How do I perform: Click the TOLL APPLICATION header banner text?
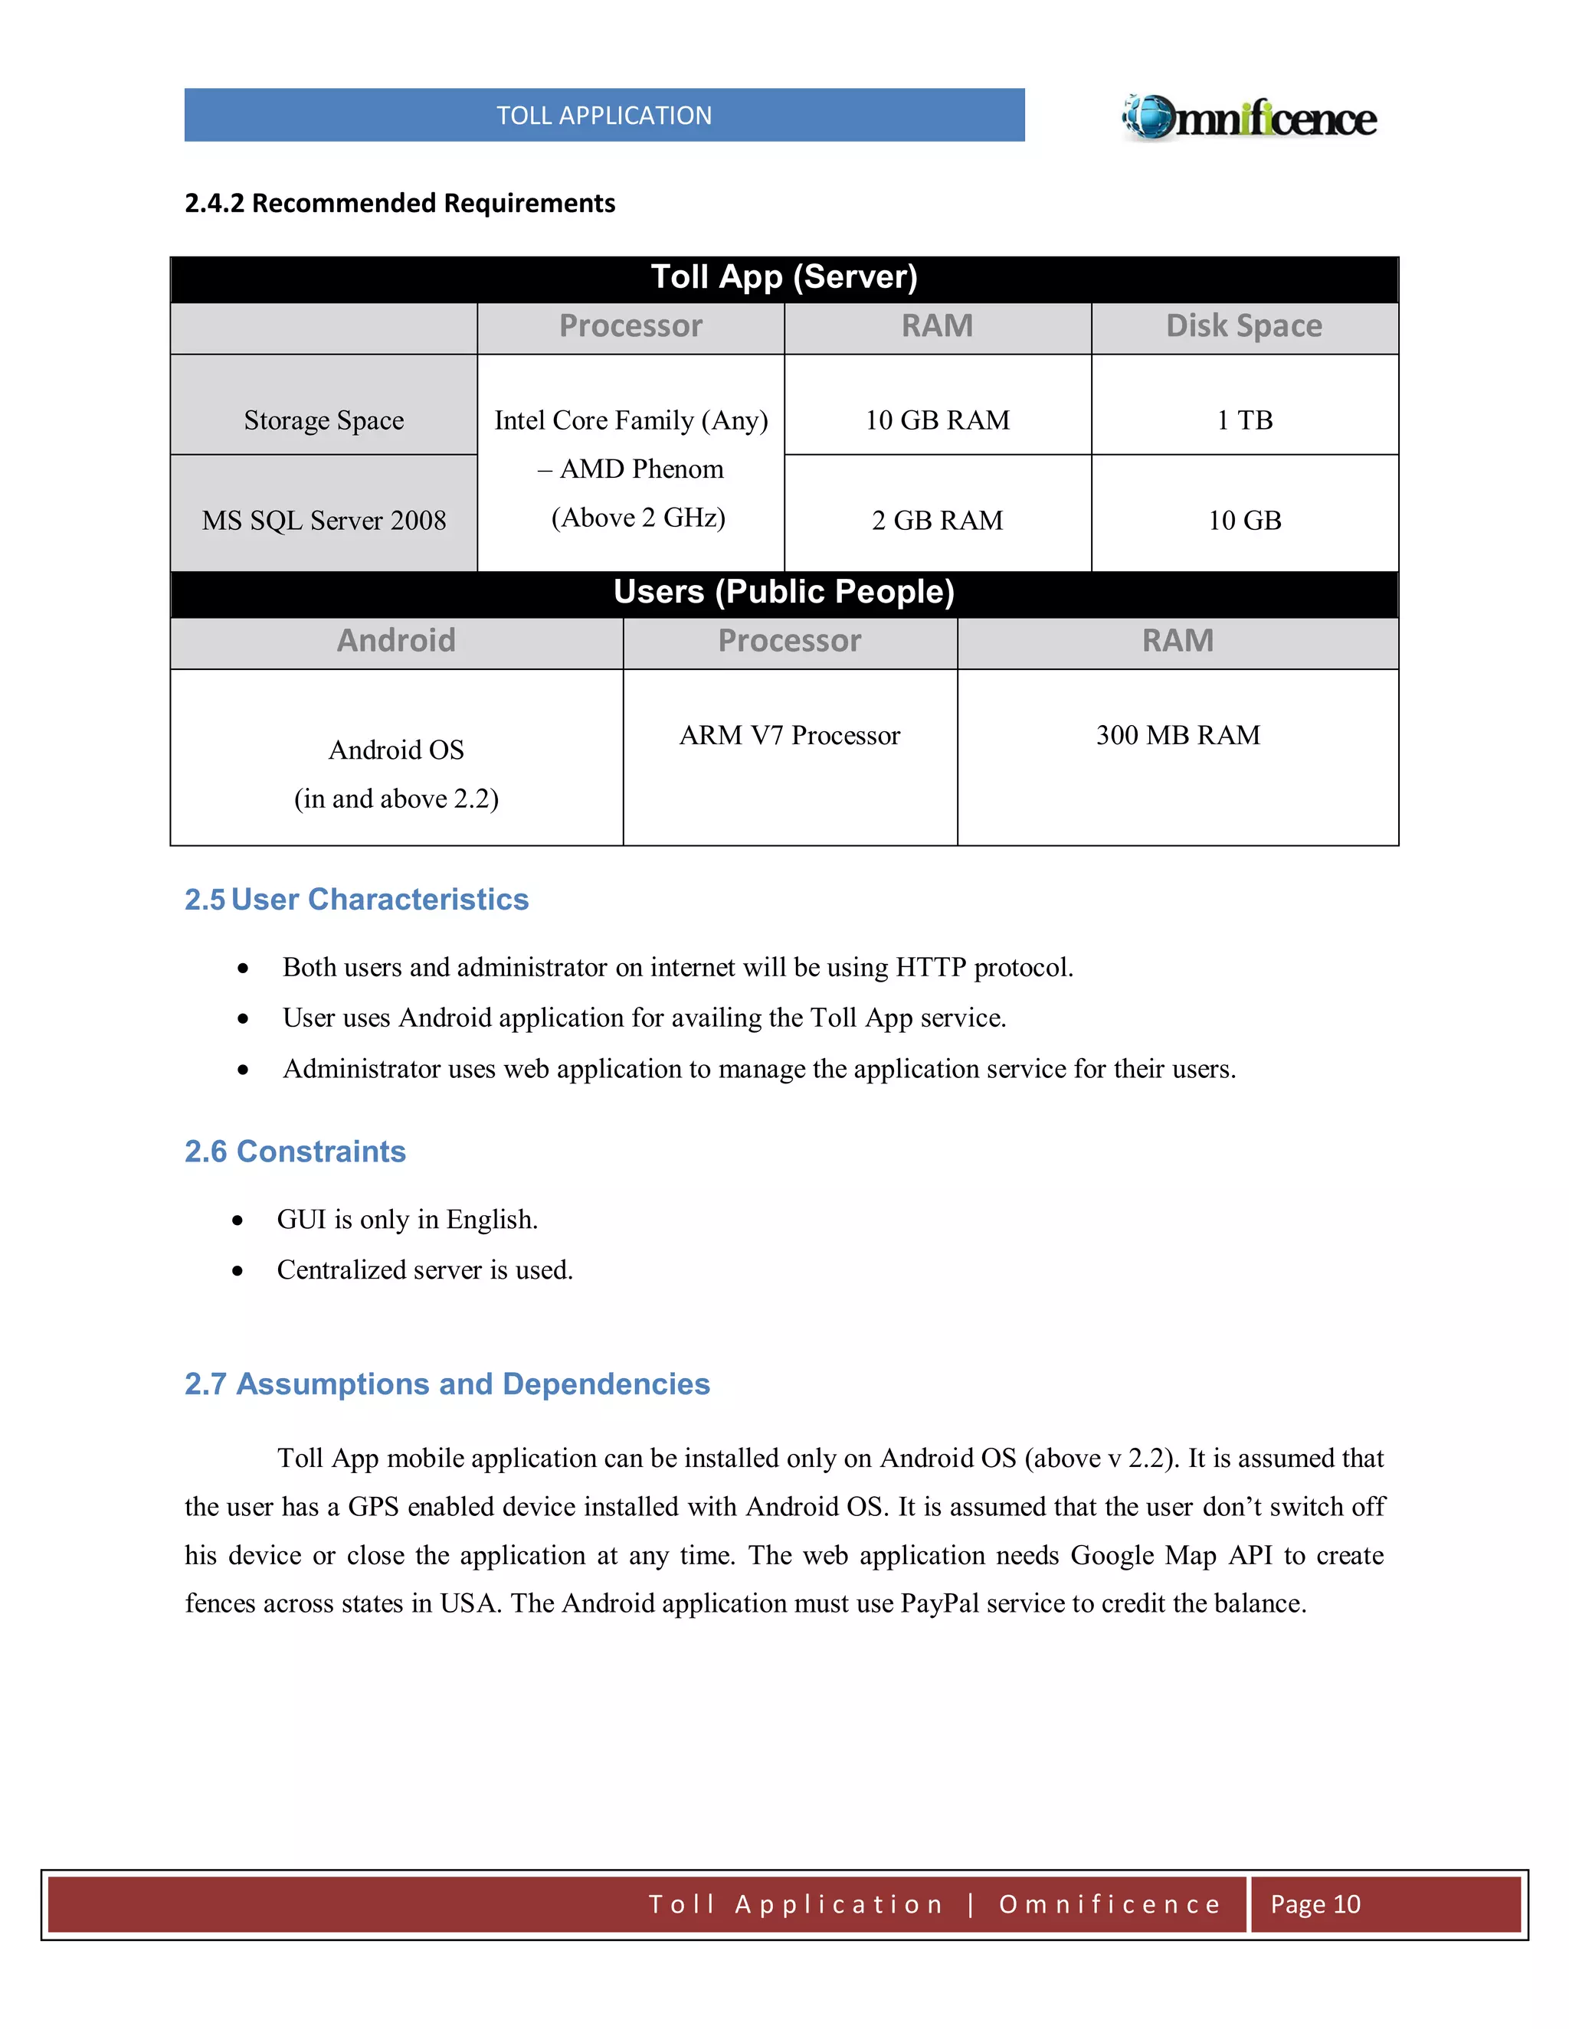pyautogui.click(x=604, y=115)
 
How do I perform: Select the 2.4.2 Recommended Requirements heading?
pyautogui.click(x=400, y=203)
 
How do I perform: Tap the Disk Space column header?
pyautogui.click(x=1243, y=326)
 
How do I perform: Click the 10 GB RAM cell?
pyautogui.click(x=937, y=420)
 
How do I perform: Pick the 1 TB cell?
pyautogui.click(x=1243, y=420)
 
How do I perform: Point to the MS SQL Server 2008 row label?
pyautogui.click(x=323, y=520)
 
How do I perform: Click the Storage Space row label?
pyautogui.click(x=323, y=420)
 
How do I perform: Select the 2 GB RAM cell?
pyautogui.click(x=937, y=520)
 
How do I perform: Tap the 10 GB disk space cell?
pyautogui.click(x=1243, y=520)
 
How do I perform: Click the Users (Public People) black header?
pyautogui.click(x=784, y=592)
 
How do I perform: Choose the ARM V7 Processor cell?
pyautogui.click(x=789, y=735)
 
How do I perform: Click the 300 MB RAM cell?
pyautogui.click(x=1178, y=735)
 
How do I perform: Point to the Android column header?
pyautogui.click(x=396, y=641)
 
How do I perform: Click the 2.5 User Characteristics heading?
pyautogui.click(x=356, y=900)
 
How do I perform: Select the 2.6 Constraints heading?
pyautogui.click(x=295, y=1151)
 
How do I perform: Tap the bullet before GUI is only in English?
pyautogui.click(x=238, y=1220)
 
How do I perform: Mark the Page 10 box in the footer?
pyautogui.click(x=1315, y=1904)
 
